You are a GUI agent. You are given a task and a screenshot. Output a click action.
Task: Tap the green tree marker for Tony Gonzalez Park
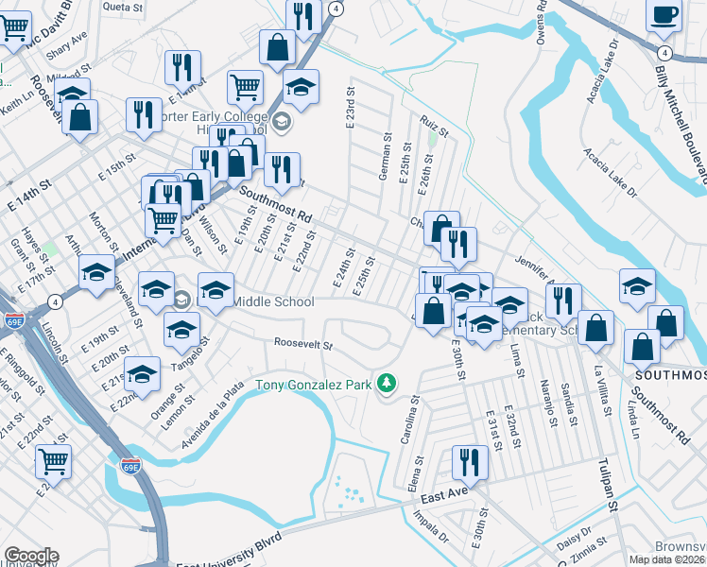[x=386, y=383]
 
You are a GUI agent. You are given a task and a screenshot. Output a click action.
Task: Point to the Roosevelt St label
[x=303, y=344]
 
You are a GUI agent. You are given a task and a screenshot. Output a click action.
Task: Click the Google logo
[x=31, y=556]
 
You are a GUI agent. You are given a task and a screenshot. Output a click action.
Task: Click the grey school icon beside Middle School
[x=182, y=301]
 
